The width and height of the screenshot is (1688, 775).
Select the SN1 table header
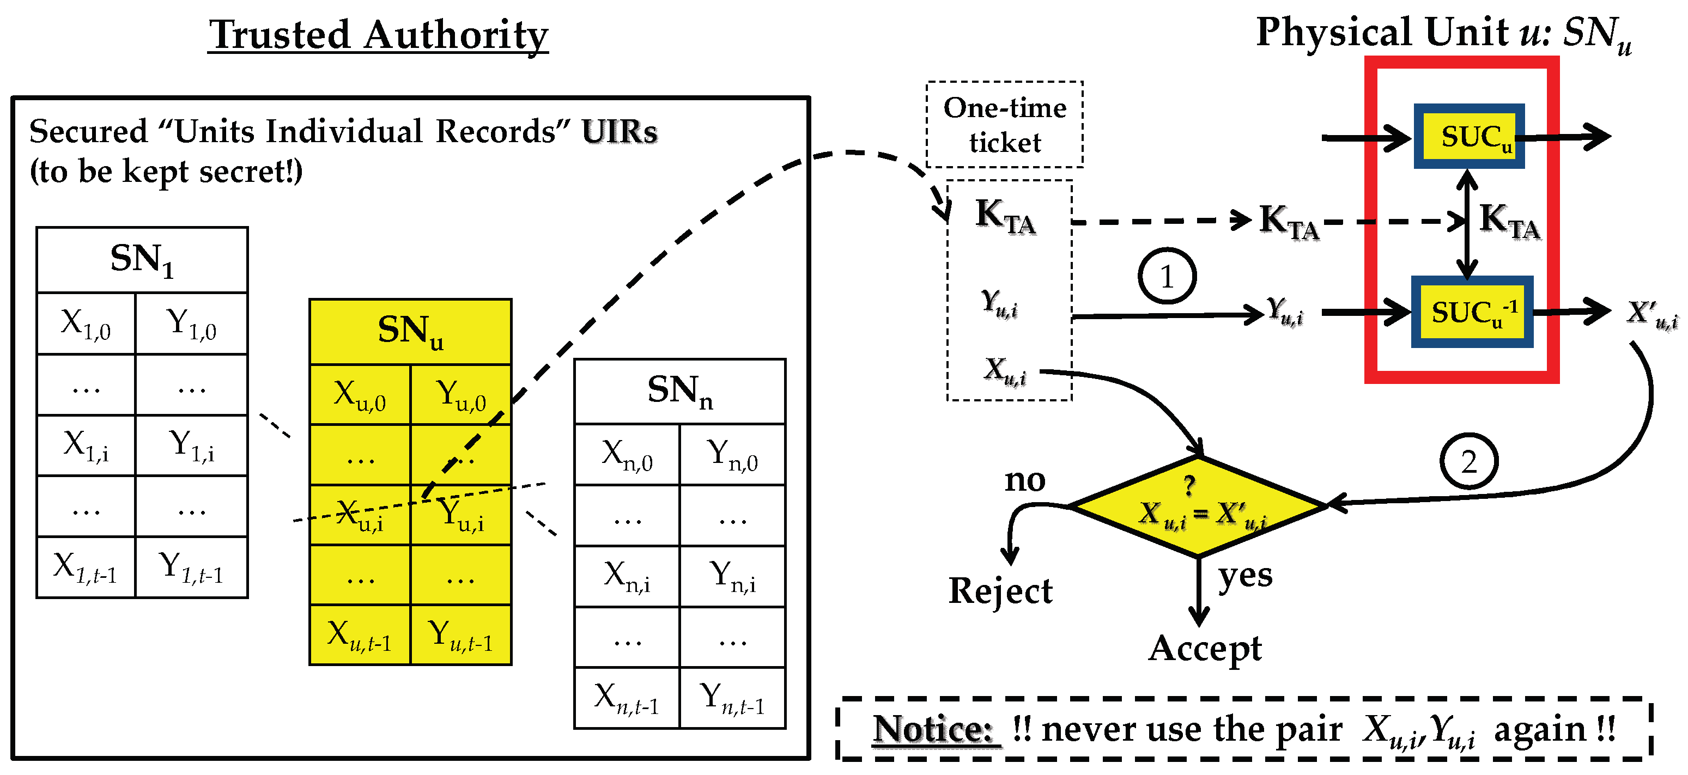[142, 259]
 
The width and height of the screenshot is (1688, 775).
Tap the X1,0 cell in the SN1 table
[86, 324]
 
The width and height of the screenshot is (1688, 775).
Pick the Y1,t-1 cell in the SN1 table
[191, 567]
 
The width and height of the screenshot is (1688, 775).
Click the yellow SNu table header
[410, 332]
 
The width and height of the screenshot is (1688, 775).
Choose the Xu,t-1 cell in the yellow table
[360, 636]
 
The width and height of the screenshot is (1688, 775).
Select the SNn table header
[679, 391]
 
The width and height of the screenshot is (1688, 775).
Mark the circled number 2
[1468, 462]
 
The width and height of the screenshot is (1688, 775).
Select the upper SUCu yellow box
[1468, 136]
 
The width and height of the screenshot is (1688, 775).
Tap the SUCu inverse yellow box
[1472, 312]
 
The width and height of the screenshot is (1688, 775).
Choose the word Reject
[1000, 591]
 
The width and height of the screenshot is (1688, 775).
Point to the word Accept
[1204, 649]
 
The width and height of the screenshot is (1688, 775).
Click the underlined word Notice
[933, 729]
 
